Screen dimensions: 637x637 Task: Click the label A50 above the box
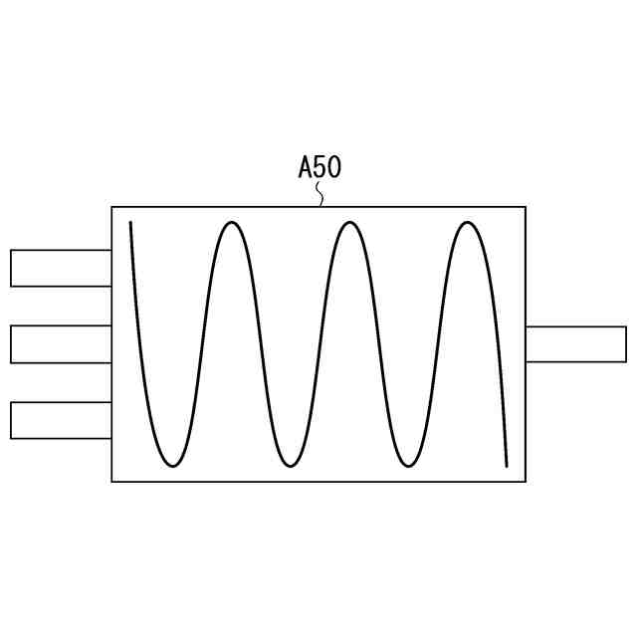pyautogui.click(x=319, y=167)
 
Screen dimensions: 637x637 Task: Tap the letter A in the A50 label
pyautogui.click(x=306, y=167)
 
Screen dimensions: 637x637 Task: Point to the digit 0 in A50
pyautogui.click(x=333, y=167)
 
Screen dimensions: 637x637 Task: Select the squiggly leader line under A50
pyautogui.click(x=320, y=194)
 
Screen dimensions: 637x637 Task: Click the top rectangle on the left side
pyautogui.click(x=61, y=268)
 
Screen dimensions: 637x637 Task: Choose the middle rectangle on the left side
pyautogui.click(x=61, y=343)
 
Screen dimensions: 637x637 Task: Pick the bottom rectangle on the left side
pyautogui.click(x=61, y=420)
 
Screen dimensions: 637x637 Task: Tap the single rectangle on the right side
pyautogui.click(x=575, y=343)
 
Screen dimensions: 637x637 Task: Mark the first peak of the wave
pyautogui.click(x=231, y=222)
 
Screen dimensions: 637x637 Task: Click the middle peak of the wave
pyautogui.click(x=348, y=222)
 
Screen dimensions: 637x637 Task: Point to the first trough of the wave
pyautogui.click(x=173, y=466)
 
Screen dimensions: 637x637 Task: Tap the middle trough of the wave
pyautogui.click(x=290, y=466)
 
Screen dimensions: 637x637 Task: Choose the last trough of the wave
pyautogui.click(x=407, y=466)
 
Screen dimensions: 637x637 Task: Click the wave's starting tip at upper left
pyautogui.click(x=130, y=223)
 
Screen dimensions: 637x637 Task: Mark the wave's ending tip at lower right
pyautogui.click(x=507, y=465)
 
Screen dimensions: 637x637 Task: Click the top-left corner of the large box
pyautogui.click(x=112, y=207)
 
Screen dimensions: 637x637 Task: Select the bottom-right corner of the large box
pyautogui.click(x=525, y=482)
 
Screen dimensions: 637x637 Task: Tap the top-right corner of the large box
pyautogui.click(x=525, y=207)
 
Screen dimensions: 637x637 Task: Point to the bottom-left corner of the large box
pyautogui.click(x=112, y=482)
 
